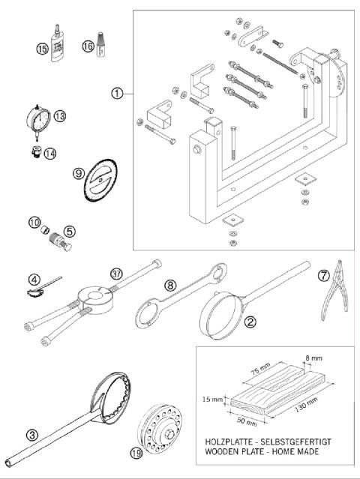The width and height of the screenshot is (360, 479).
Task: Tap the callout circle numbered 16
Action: coord(87,46)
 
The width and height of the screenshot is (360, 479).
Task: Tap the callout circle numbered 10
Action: coord(34,222)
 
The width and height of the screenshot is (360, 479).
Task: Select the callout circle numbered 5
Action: coord(68,231)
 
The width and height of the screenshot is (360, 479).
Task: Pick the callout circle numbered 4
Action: coord(34,280)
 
